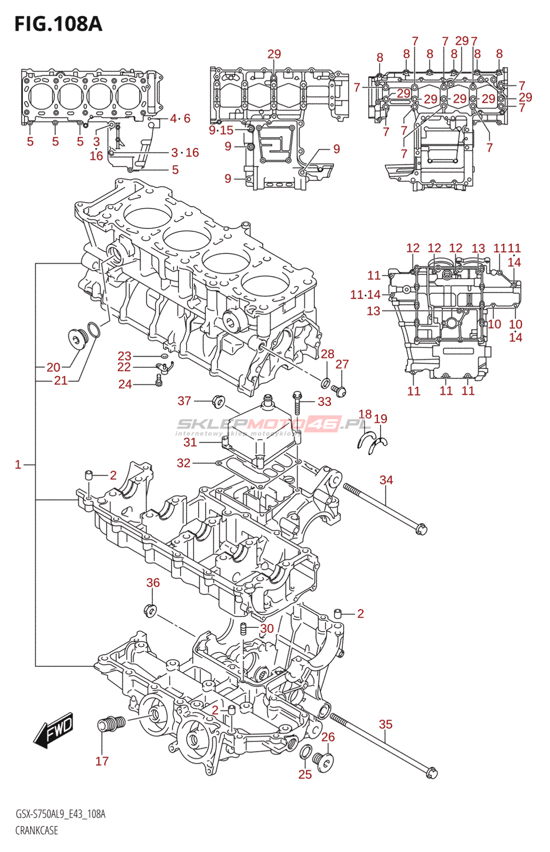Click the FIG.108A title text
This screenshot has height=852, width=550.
click(59, 23)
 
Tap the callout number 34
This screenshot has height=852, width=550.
click(386, 480)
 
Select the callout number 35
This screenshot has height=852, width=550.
click(385, 724)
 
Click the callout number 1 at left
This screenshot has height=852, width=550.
click(18, 464)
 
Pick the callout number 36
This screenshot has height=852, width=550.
click(153, 583)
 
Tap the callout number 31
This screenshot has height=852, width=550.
click(190, 442)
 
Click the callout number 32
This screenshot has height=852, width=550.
click(183, 463)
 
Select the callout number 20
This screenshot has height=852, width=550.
click(54, 367)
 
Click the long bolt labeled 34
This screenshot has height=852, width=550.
click(385, 509)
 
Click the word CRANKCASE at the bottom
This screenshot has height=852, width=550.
click(37, 830)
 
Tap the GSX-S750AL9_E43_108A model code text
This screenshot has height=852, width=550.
click(60, 814)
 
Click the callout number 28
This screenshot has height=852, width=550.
click(327, 354)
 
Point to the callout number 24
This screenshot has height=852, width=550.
click(125, 384)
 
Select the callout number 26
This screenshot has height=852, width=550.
click(328, 737)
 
